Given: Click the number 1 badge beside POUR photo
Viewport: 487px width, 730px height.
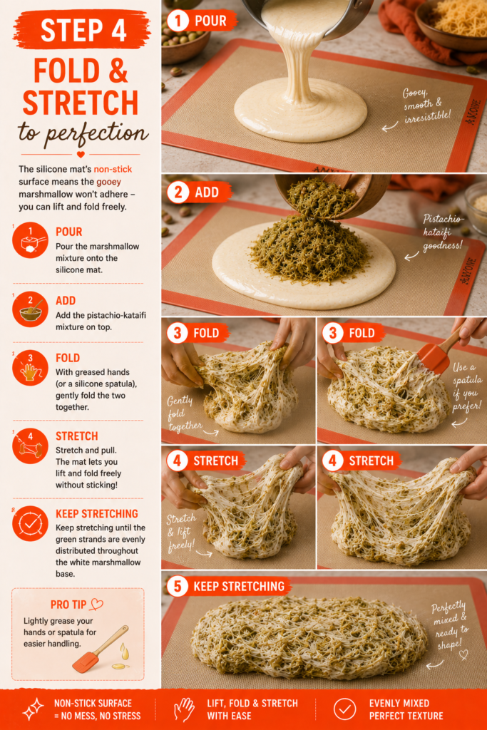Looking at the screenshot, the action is (178, 21).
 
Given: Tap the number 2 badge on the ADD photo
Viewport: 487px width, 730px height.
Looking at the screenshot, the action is (178, 192).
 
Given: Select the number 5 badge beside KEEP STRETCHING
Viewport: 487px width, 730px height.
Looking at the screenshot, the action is (178, 586).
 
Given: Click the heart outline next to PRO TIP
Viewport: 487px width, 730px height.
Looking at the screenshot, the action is (96, 605).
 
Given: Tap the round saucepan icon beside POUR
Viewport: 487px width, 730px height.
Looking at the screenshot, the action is (30, 240).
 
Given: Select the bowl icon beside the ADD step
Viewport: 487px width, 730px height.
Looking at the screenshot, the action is (30, 309).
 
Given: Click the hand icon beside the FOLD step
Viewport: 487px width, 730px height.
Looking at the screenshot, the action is (30, 369).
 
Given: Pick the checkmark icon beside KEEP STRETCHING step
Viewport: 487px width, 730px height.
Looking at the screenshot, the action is (30, 523).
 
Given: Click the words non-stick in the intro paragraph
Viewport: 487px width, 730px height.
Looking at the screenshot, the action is (113, 169).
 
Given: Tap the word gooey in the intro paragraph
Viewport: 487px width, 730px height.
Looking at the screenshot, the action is (108, 182).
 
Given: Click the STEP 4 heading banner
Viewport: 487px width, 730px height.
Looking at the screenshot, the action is (82, 30).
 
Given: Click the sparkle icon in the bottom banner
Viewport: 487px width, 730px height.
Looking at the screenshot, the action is (33, 709).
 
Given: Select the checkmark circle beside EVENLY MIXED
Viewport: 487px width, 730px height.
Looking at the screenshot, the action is (344, 709).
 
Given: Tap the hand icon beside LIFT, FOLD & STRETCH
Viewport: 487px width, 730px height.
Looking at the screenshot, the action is (184, 709).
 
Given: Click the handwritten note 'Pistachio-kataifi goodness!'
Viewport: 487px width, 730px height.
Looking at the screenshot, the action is (442, 232).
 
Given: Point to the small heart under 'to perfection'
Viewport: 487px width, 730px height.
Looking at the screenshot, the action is (81, 154).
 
